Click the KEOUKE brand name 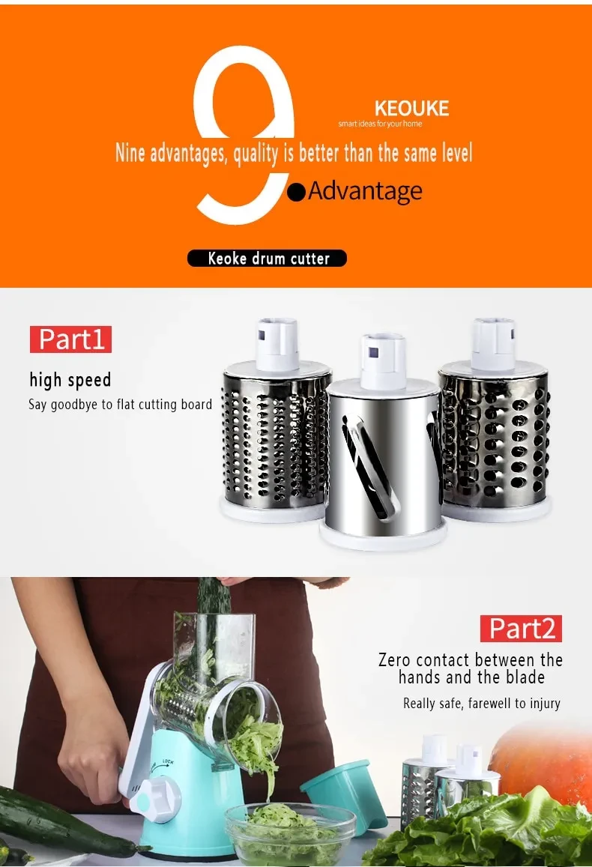pos(411,109)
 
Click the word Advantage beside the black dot pos(365,191)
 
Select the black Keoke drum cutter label pos(268,259)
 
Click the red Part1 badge pos(70,339)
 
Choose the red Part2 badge pos(522,628)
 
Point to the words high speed pos(70,380)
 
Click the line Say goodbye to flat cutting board pos(120,405)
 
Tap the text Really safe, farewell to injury pos(481,704)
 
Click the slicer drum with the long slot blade pos(381,457)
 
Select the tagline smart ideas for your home pos(381,124)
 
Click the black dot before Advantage pos(297,193)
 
